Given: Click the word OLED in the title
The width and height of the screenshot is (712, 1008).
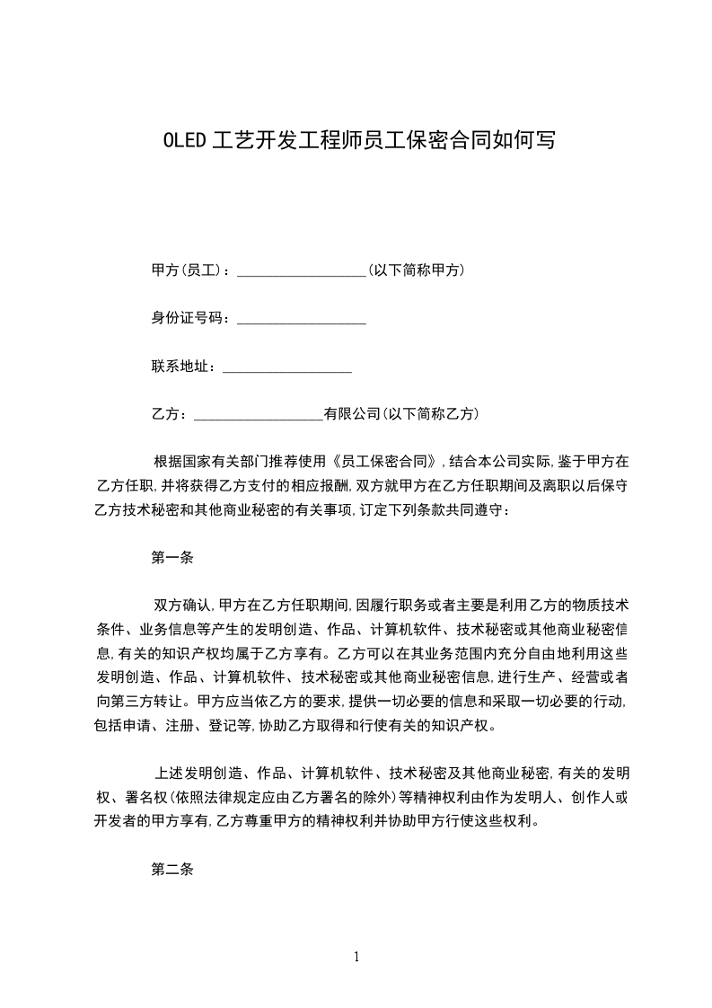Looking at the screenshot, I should coord(185,140).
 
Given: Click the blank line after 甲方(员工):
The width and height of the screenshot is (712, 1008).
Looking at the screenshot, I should coord(301,270).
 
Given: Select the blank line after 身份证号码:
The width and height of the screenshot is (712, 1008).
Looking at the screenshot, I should coord(301,318).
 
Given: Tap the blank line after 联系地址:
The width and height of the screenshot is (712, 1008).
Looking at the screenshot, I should coord(286,367).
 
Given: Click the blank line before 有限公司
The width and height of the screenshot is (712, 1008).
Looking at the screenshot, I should coord(258,414).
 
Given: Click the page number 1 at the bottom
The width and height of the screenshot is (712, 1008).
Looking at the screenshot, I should coord(356,957).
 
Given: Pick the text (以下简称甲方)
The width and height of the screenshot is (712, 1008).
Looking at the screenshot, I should coord(416,270).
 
